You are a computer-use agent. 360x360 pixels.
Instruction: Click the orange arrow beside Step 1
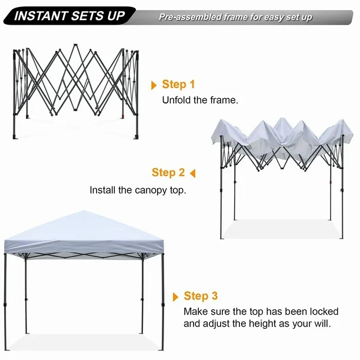[x=154, y=85]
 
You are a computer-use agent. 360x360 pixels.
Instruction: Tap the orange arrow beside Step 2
[x=193, y=174]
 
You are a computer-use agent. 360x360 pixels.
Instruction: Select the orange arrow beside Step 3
[x=175, y=297]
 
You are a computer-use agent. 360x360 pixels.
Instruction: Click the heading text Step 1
[x=178, y=84]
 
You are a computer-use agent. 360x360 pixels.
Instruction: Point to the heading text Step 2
[x=168, y=172]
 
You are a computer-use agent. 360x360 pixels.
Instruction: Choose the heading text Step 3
[x=201, y=296]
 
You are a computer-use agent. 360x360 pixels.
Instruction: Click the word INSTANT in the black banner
[x=41, y=16]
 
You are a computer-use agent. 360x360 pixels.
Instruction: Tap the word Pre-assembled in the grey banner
[x=190, y=17]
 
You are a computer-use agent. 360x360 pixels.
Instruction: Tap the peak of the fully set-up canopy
[x=84, y=211]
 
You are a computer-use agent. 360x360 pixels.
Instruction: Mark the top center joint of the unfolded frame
[x=75, y=45]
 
